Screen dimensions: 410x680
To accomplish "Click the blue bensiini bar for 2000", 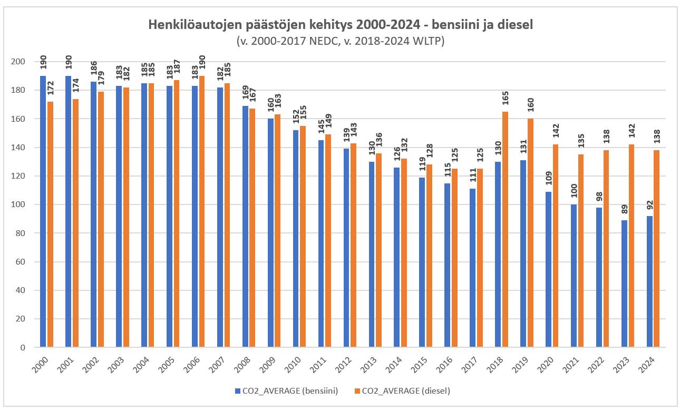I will pyautogui.click(x=43, y=211).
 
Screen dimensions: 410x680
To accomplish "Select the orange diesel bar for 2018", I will pyautogui.click(x=505, y=229).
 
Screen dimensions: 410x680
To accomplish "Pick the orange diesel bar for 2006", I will pyautogui.click(x=202, y=211).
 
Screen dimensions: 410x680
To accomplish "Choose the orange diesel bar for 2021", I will pyautogui.click(x=580, y=251).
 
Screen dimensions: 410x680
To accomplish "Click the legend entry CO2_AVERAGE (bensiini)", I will pyautogui.click(x=285, y=391).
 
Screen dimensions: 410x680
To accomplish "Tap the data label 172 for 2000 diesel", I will pyautogui.click(x=50, y=89).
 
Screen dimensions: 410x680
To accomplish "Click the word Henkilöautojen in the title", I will pyautogui.click(x=193, y=25).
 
